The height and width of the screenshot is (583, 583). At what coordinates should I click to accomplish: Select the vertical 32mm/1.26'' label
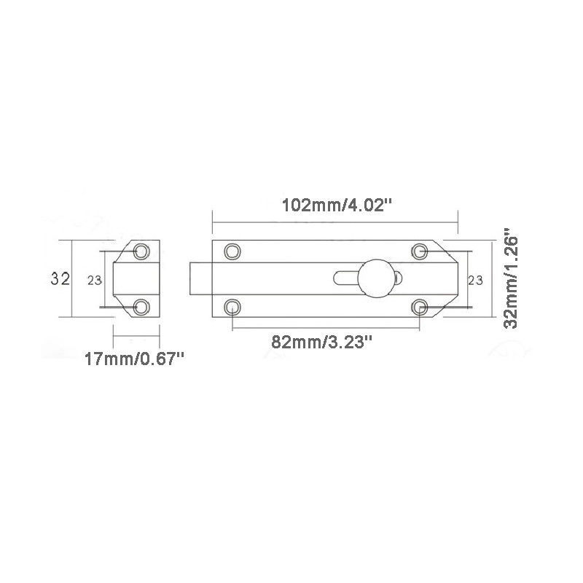[x=510, y=281]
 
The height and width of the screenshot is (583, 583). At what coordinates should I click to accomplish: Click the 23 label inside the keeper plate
[x=94, y=280]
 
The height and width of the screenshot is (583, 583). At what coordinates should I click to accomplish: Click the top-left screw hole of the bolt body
[x=232, y=251]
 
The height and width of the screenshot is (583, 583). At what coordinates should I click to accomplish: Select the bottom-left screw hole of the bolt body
[x=232, y=306]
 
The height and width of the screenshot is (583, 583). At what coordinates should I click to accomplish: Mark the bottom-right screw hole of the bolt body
[x=420, y=306]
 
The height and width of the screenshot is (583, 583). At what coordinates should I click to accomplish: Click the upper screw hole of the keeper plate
[x=142, y=251]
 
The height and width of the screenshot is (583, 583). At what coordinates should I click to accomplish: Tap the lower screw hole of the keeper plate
[x=142, y=306]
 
